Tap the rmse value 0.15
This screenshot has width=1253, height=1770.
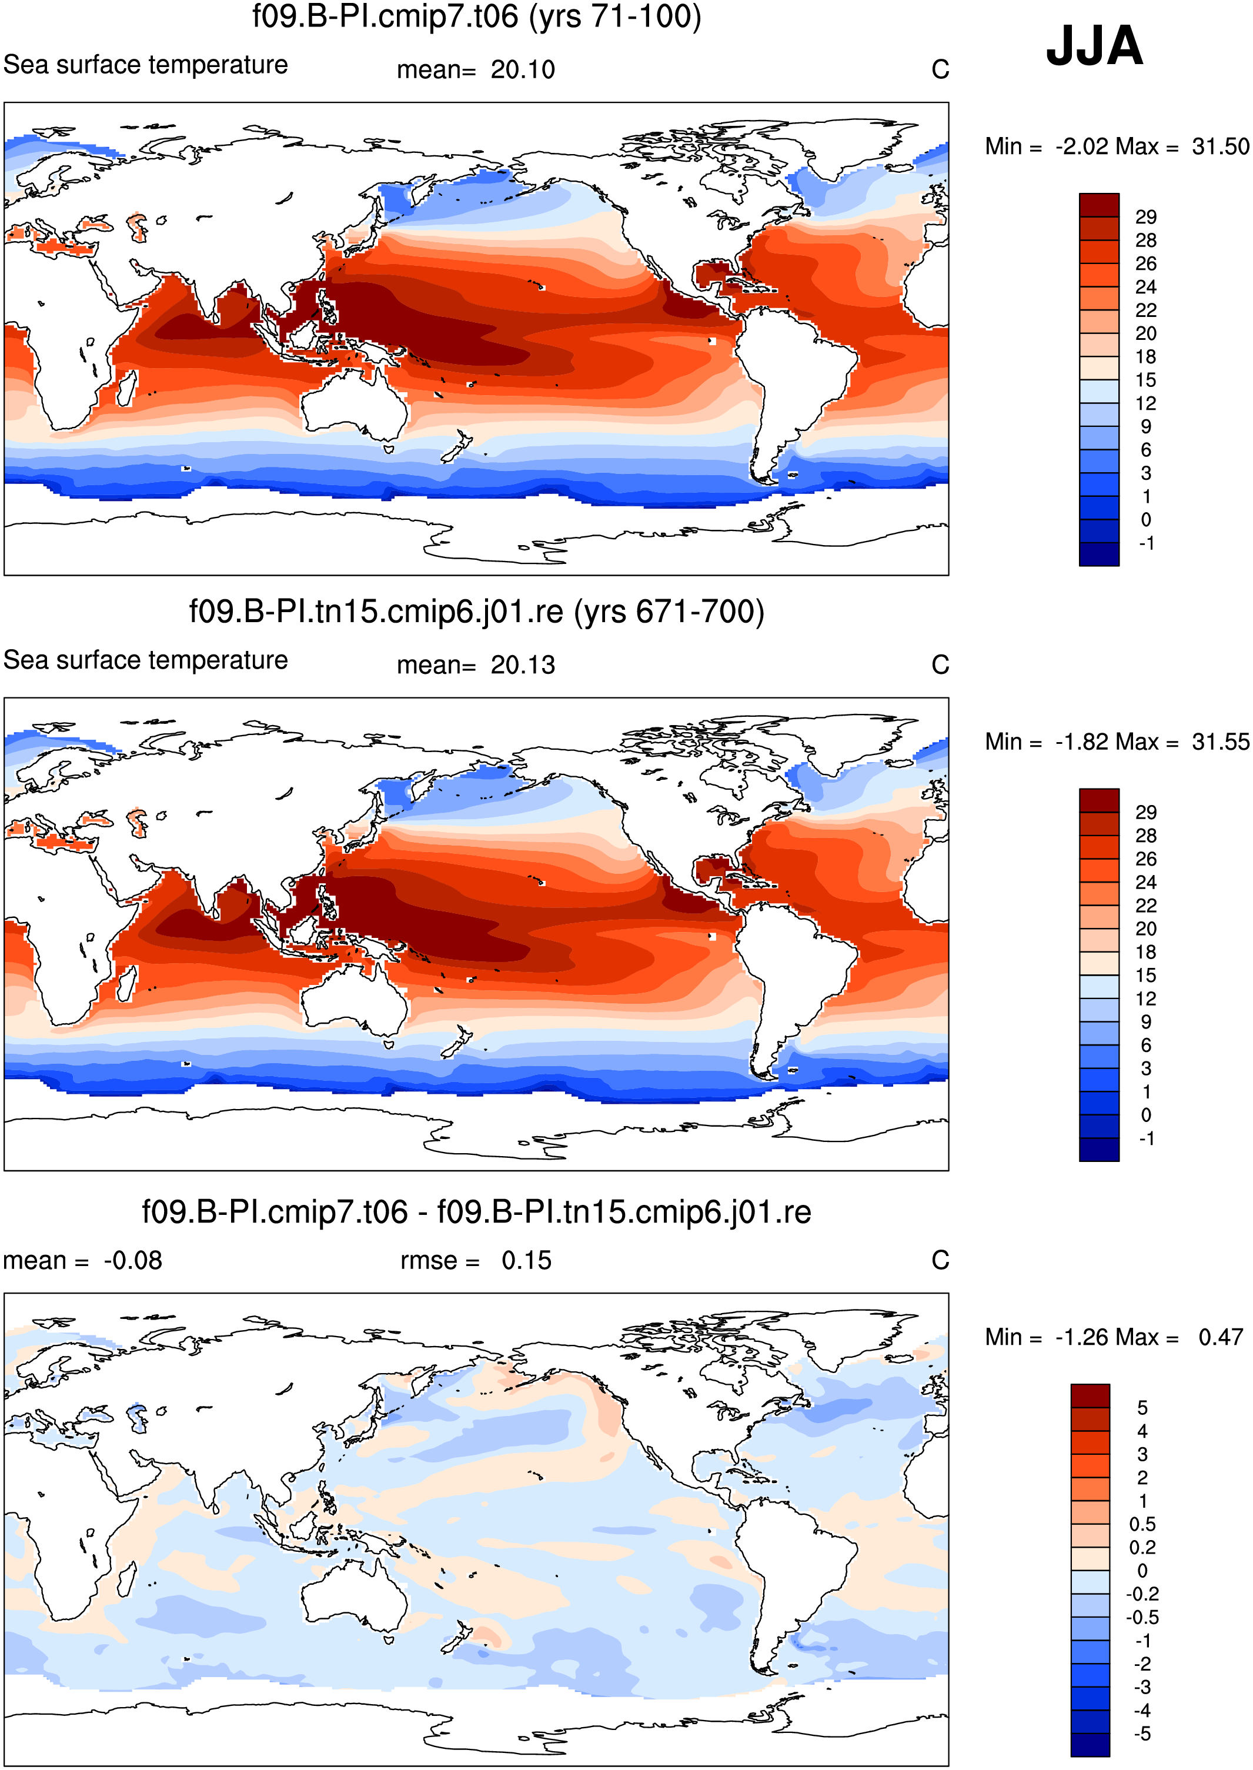click(x=526, y=1261)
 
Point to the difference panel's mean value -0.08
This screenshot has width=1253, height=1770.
click(x=133, y=1261)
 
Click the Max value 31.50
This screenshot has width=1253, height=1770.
click(x=1220, y=146)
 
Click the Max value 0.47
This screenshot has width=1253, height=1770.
click(x=1221, y=1337)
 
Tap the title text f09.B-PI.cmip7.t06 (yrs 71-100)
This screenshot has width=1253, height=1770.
click(x=477, y=17)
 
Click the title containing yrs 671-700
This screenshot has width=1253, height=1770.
click(x=477, y=612)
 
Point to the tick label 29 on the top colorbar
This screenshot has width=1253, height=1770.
click(x=1146, y=217)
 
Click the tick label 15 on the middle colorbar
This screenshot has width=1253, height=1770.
click(x=1146, y=976)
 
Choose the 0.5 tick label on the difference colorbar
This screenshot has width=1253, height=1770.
click(x=1142, y=1524)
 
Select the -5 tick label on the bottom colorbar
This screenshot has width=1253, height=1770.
click(x=1142, y=1734)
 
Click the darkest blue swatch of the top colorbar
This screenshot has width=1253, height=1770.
click(x=1099, y=554)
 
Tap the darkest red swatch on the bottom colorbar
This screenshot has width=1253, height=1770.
click(x=1090, y=1396)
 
